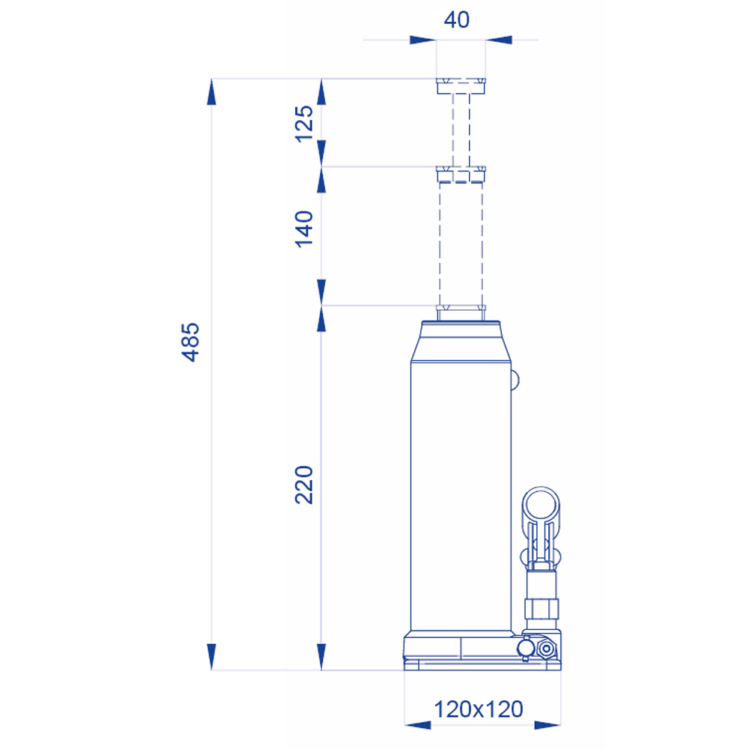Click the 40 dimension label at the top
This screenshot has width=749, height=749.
point(457,19)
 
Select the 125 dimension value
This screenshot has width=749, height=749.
point(304,124)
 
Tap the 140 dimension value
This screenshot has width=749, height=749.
point(304,228)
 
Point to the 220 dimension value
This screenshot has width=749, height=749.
point(304,485)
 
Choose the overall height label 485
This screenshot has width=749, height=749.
point(190,342)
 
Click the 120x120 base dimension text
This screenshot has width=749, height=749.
point(479,709)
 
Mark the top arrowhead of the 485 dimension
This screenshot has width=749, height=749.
point(212,91)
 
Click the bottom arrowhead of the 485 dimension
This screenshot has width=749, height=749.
point(212,656)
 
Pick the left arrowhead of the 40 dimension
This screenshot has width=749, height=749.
point(422,40)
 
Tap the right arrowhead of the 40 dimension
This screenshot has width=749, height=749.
point(499,40)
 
